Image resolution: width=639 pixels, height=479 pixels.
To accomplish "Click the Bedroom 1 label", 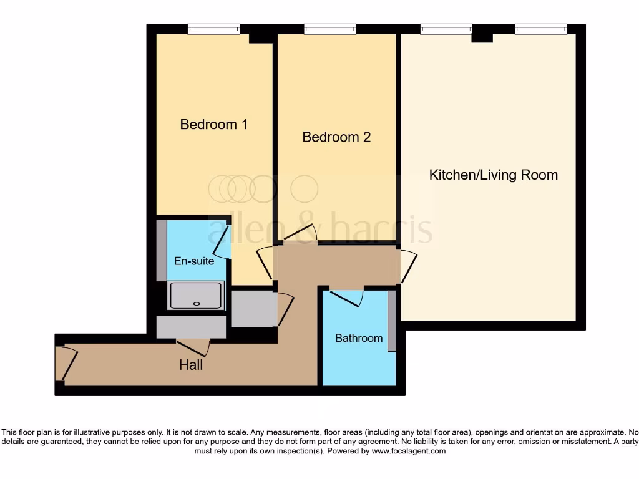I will (x=214, y=124).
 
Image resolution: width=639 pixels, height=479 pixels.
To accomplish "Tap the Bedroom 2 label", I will (x=336, y=137).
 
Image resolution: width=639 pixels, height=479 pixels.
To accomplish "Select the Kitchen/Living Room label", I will (x=493, y=175).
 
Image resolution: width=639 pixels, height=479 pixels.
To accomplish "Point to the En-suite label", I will (x=194, y=261).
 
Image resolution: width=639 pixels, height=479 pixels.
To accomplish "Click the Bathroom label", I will (x=359, y=338).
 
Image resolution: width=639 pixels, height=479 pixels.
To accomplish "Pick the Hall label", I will (x=191, y=365).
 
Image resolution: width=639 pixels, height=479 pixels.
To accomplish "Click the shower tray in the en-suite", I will (x=196, y=296).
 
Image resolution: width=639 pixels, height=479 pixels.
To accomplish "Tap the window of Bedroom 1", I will (x=213, y=29).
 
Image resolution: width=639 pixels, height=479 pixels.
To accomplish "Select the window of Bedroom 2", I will (x=329, y=29).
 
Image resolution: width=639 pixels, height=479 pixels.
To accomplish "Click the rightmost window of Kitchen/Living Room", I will (x=540, y=29).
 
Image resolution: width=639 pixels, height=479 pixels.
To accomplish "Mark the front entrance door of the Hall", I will (x=66, y=364).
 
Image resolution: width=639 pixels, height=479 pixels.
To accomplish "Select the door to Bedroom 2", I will (x=300, y=235).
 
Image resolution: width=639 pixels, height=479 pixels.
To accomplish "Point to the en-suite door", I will (x=226, y=242).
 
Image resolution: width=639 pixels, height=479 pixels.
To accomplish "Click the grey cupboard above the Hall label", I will (x=190, y=327).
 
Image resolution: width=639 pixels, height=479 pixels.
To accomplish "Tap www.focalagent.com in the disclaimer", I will (x=409, y=451).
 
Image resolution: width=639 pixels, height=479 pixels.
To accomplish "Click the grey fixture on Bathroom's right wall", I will (x=391, y=321).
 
